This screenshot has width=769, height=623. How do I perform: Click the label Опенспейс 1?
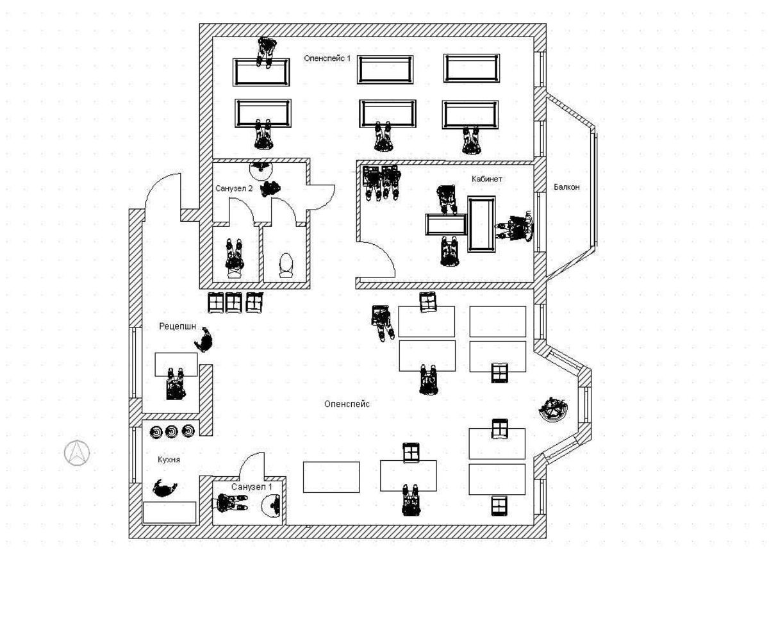click(x=327, y=58)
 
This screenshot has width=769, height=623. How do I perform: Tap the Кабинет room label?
click(x=487, y=179)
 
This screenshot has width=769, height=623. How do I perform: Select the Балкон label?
click(x=566, y=187)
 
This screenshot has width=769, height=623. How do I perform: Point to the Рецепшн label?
click(x=178, y=327)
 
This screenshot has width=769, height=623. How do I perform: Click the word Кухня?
click(x=169, y=460)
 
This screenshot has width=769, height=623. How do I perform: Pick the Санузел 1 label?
click(x=252, y=487)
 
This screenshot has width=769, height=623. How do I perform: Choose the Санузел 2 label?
click(x=234, y=188)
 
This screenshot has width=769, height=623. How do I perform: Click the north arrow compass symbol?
click(x=77, y=453)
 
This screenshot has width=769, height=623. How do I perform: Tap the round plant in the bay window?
click(x=552, y=409)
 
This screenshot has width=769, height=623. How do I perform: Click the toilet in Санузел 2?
click(x=286, y=264)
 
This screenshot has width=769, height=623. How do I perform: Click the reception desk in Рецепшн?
click(x=176, y=365)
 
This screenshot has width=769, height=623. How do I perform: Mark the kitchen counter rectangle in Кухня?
click(x=170, y=511)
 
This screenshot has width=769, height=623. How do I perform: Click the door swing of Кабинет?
click(x=378, y=260)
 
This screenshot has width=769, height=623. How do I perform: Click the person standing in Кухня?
click(x=165, y=489)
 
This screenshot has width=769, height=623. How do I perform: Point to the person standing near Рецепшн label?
click(x=205, y=340)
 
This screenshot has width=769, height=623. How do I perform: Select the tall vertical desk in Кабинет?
click(x=481, y=224)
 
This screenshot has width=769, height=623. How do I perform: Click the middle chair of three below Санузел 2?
click(x=235, y=302)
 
